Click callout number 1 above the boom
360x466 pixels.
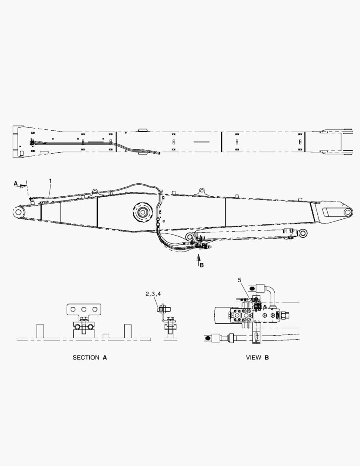[50, 181]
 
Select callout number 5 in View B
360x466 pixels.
[240, 280]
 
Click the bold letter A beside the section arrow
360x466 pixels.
[16, 184]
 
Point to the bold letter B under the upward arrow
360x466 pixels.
[202, 265]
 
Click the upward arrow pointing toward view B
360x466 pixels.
[199, 257]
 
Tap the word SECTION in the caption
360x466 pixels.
[86, 358]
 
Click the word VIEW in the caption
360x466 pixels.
[254, 358]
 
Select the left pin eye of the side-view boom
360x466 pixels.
[19, 212]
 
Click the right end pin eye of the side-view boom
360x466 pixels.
[348, 212]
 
